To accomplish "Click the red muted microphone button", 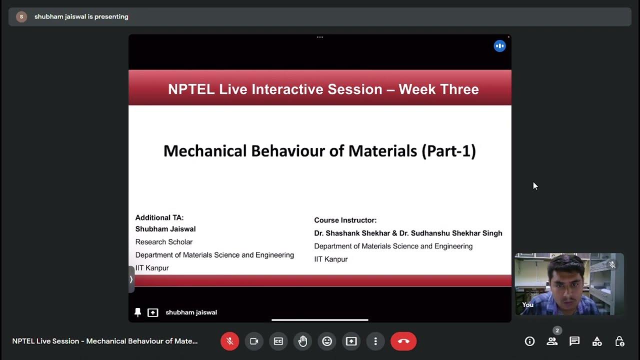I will pyautogui.click(x=230, y=341).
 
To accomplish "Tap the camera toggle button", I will pyautogui.click(x=254, y=341).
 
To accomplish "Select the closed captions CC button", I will pyautogui.click(x=278, y=341).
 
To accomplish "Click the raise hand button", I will pyautogui.click(x=302, y=341).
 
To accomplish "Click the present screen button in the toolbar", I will pyautogui.click(x=351, y=341).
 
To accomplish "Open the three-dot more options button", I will pyautogui.click(x=375, y=341).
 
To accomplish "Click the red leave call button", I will pyautogui.click(x=403, y=341).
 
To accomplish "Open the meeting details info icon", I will pyautogui.click(x=529, y=341).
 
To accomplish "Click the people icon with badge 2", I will pyautogui.click(x=552, y=341).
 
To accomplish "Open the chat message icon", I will pyautogui.click(x=574, y=341).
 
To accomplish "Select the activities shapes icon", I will pyautogui.click(x=597, y=341).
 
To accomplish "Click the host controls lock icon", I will pyautogui.click(x=619, y=341).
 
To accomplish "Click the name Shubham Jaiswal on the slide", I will pyautogui.click(x=165, y=229).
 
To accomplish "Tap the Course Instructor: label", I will pyautogui.click(x=345, y=220).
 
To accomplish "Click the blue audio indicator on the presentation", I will pyautogui.click(x=499, y=46).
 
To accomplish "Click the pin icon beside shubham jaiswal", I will pyautogui.click(x=138, y=312).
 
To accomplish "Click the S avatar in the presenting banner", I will pyautogui.click(x=21, y=16).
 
